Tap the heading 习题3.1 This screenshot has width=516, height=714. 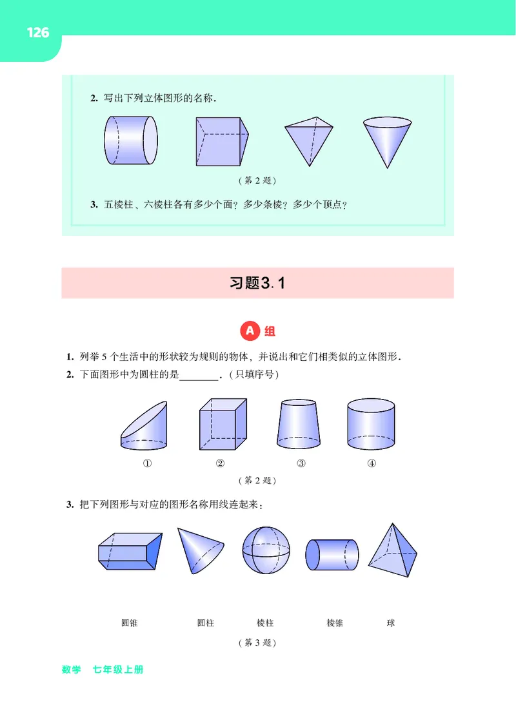pos(257,283)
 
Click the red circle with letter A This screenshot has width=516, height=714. pos(250,331)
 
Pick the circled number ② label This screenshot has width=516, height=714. pos(220,463)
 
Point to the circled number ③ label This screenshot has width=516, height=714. pos(301,463)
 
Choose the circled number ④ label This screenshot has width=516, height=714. pos(372,463)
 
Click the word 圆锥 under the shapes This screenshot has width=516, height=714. pos(129,623)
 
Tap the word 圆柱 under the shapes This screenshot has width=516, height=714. pos(206,623)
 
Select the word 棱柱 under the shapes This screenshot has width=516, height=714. pos(265,623)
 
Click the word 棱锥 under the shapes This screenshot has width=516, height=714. pos(335,623)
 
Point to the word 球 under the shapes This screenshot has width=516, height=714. pos(390,623)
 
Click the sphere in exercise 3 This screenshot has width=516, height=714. pos(266,550)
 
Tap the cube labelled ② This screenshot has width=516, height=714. pos(223,426)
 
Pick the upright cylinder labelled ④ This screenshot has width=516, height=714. pos(371,425)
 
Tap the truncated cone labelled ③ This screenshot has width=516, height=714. pos(300,425)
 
